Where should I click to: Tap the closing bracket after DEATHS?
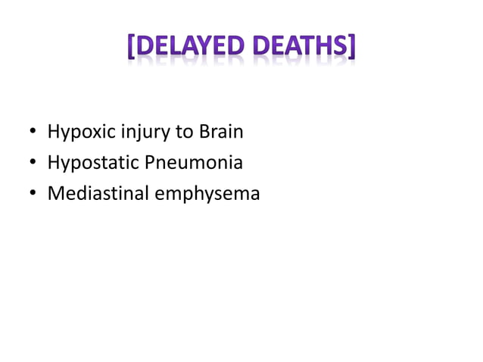pos(352,49)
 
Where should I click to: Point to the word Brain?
pos(220,132)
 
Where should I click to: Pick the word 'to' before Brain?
pos(185,133)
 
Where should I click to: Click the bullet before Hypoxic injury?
pos(33,133)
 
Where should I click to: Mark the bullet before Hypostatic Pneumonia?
pos(33,164)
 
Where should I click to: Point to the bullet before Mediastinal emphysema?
pos(33,194)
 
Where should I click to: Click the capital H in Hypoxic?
pos(53,132)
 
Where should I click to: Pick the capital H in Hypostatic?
pos(53,162)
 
